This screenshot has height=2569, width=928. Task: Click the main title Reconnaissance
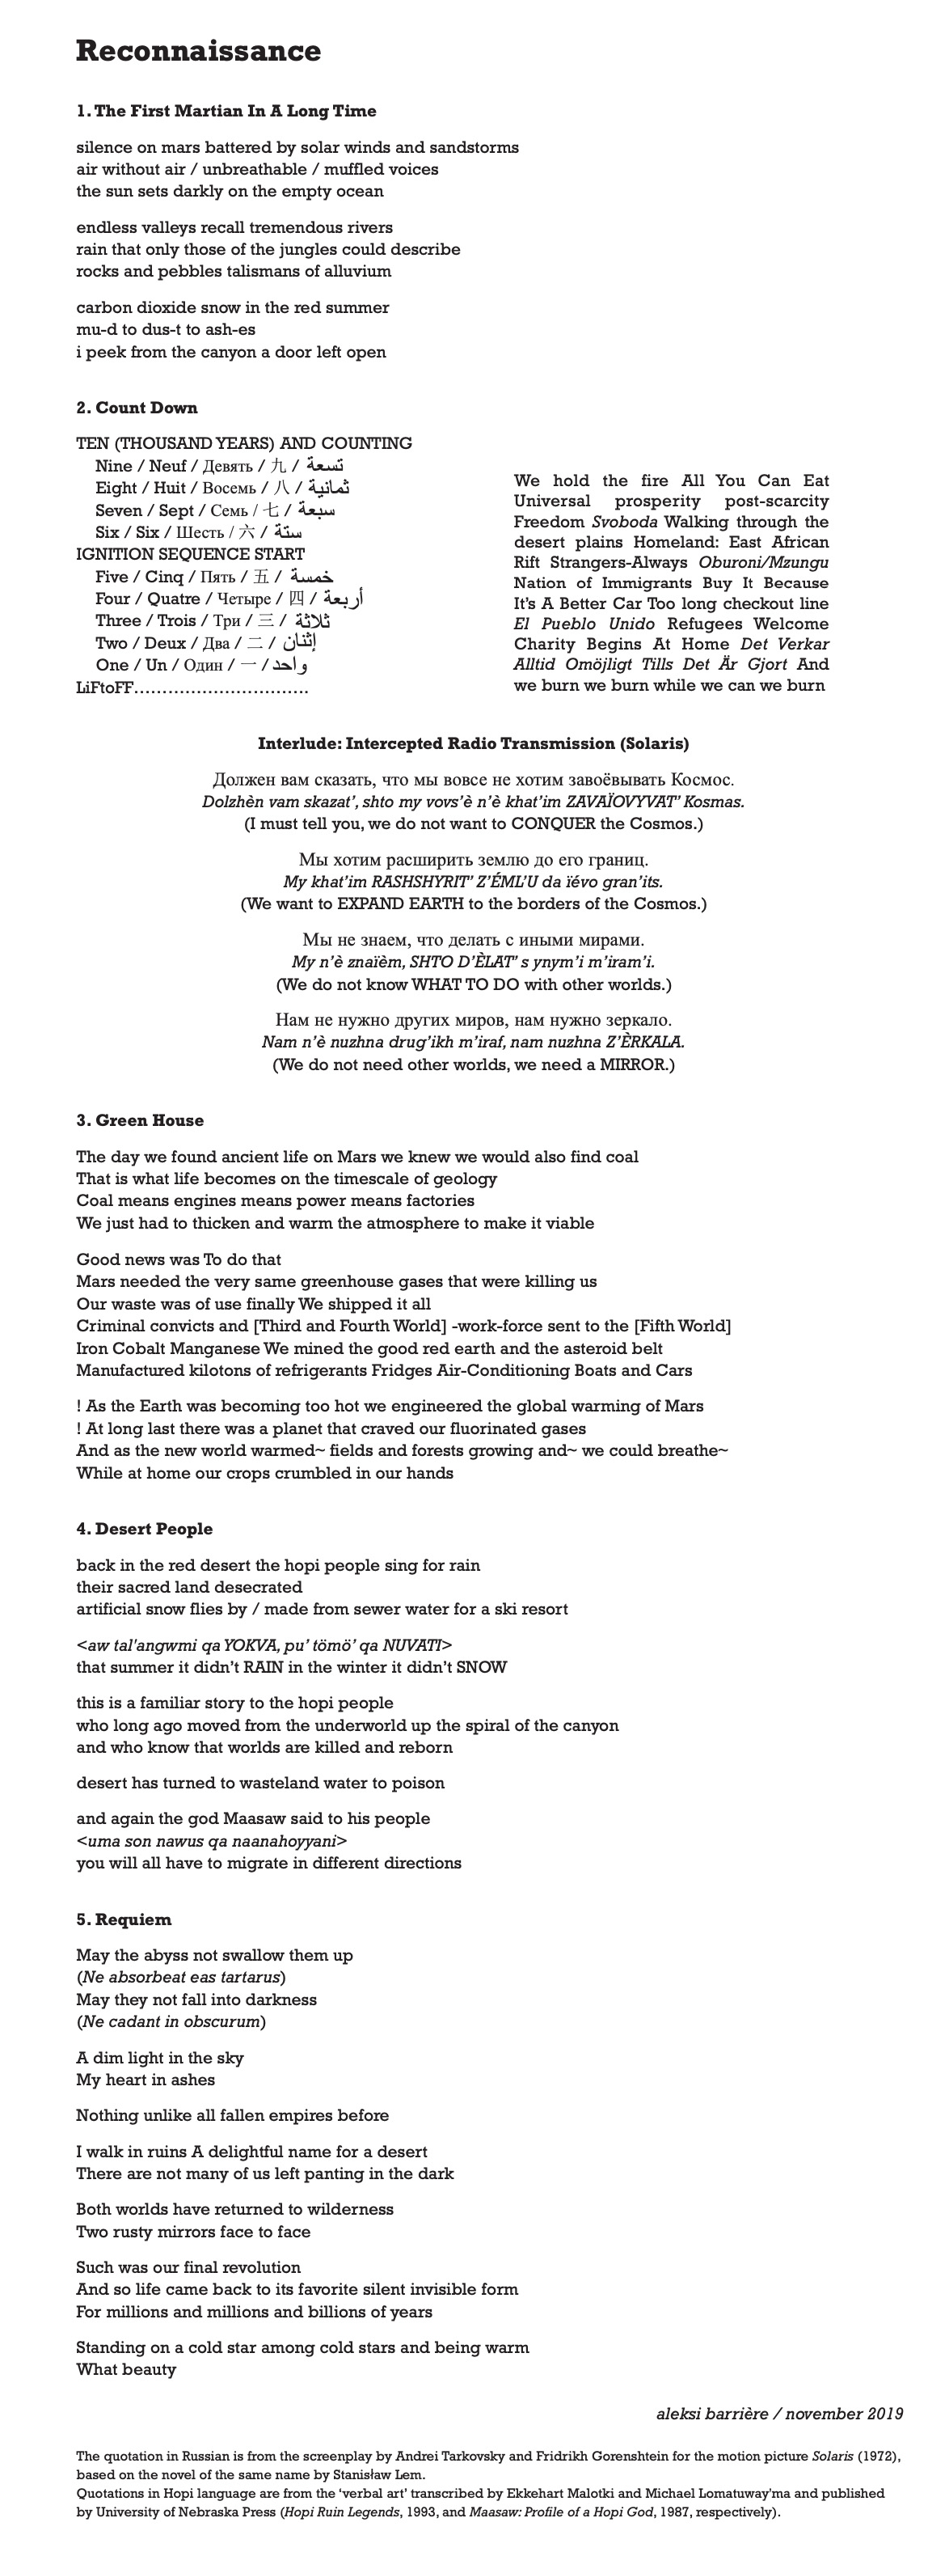(x=198, y=51)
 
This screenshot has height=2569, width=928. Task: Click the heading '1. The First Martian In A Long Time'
(x=226, y=112)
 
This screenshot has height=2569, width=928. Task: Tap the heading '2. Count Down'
(x=137, y=408)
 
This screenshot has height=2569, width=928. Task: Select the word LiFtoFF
(x=103, y=688)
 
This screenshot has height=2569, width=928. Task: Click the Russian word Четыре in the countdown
(x=243, y=599)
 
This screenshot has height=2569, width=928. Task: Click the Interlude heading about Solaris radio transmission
(x=472, y=744)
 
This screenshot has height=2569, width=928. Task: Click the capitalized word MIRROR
(x=632, y=1065)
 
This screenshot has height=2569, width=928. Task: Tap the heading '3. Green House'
(x=140, y=1121)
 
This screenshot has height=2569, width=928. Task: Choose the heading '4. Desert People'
(x=145, y=1529)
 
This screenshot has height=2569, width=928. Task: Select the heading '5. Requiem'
(x=124, y=1919)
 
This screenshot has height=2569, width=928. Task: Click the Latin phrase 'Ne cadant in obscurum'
(x=171, y=2021)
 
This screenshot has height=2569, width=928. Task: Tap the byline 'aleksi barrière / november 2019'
(x=778, y=2414)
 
